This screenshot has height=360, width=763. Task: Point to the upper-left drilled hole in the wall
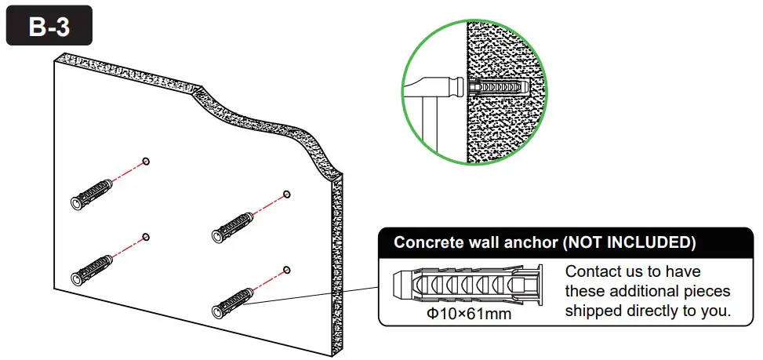click(147, 162)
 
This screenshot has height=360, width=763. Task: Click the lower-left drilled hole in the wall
click(147, 236)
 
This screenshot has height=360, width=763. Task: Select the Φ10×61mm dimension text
click(468, 315)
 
